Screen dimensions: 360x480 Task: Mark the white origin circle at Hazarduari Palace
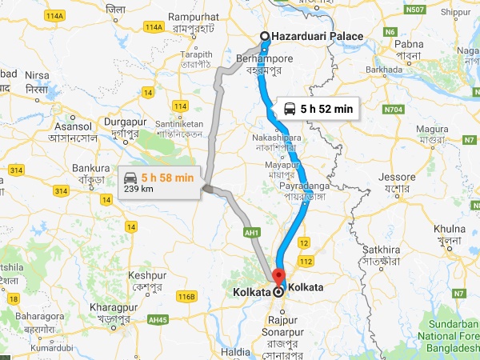point(265,36)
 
